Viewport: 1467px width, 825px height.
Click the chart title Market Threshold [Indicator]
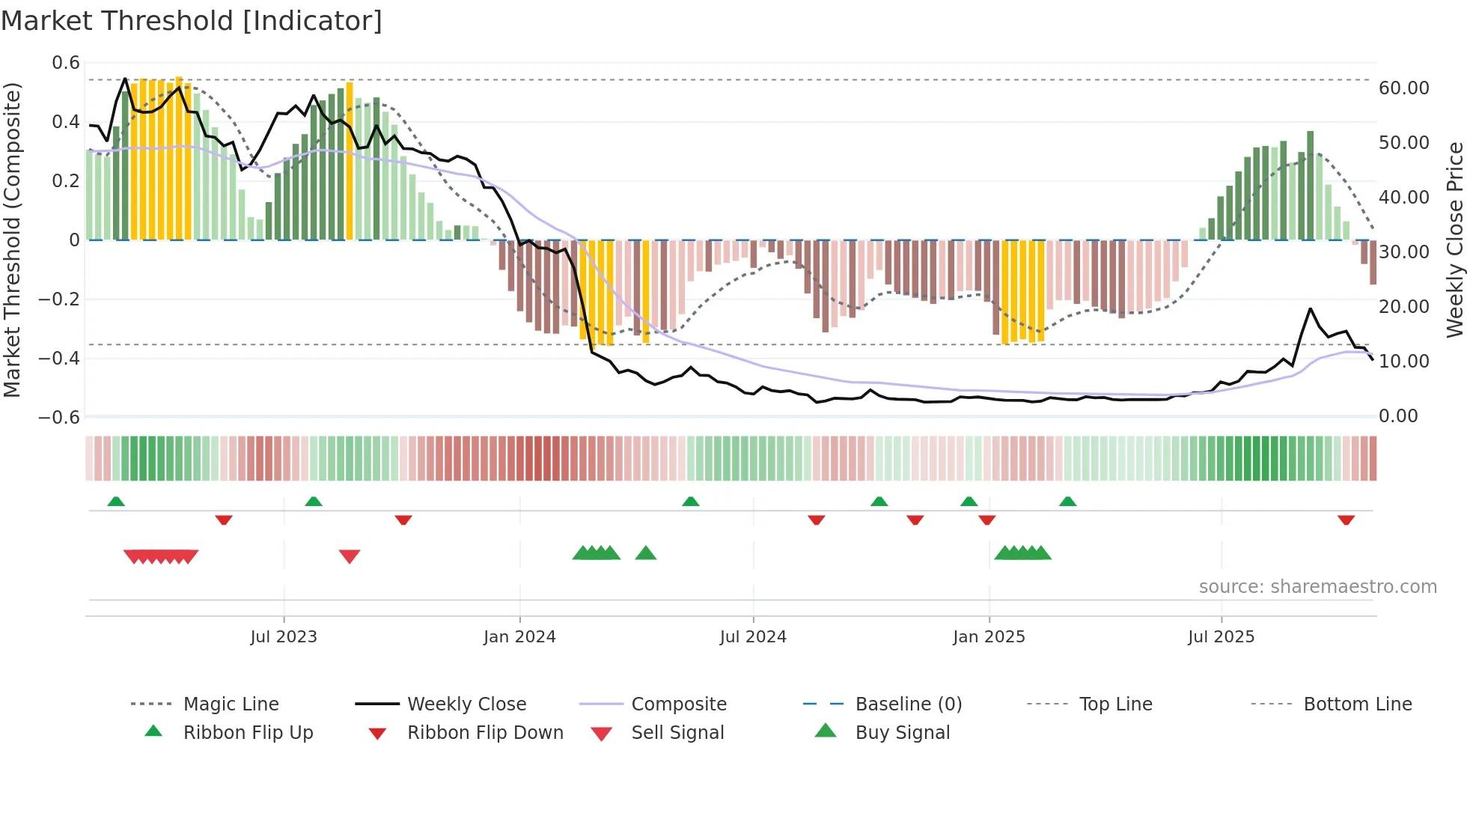click(x=192, y=21)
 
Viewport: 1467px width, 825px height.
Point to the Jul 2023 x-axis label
click(x=284, y=637)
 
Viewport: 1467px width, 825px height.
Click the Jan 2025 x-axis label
click(x=989, y=637)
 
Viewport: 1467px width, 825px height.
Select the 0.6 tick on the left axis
click(x=66, y=63)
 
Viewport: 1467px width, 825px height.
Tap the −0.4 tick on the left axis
click(x=59, y=359)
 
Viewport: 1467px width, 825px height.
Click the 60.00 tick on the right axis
click(x=1403, y=88)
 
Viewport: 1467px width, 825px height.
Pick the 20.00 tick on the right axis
click(x=1403, y=307)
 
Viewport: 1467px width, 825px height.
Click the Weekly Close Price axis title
click(x=1454, y=240)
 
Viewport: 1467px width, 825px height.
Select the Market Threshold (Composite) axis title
click(x=12, y=240)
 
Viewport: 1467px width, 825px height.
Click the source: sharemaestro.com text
click(x=1317, y=587)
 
